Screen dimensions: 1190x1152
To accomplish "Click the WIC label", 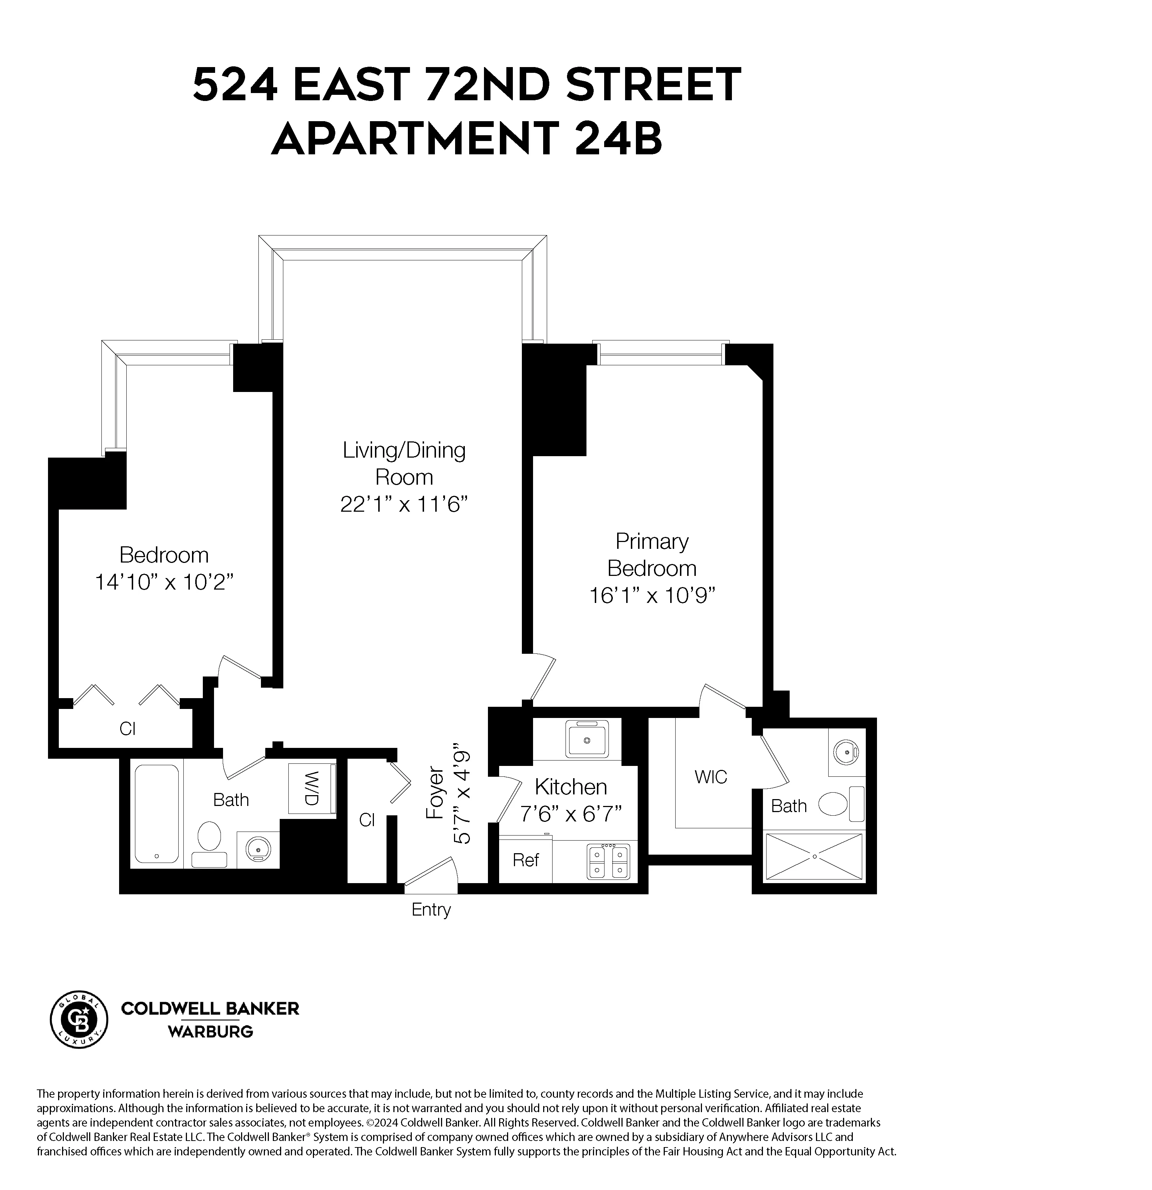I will click(710, 776).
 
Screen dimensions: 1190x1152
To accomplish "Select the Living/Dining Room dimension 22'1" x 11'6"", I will click(404, 504).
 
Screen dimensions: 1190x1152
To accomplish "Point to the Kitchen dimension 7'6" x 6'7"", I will click(571, 813).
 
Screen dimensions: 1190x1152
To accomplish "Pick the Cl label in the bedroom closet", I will click(128, 728).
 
